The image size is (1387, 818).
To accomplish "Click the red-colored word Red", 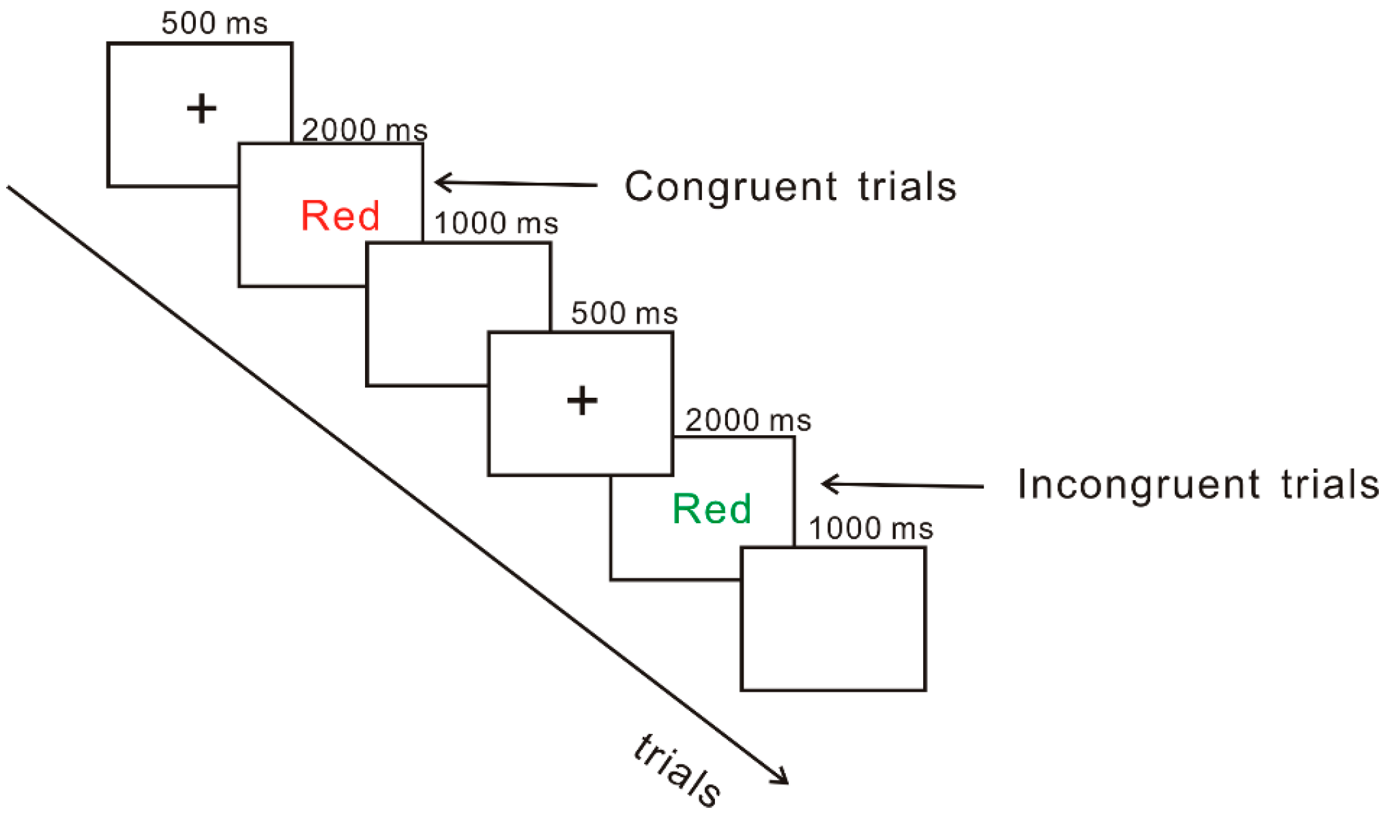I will pos(340,216).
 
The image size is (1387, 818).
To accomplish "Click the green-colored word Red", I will pos(712,509).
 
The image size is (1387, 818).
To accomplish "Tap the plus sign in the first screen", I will pos(201,109).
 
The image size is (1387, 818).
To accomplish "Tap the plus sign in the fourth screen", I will pos(582,400).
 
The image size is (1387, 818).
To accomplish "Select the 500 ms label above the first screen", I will pos(214,23).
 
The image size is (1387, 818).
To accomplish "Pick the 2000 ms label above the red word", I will pos(364,130).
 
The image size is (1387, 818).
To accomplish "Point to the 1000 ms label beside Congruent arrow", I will pos(496,223).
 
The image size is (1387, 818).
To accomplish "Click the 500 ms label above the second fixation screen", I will pos(624,313).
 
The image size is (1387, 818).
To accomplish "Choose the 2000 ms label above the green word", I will pos(748,420).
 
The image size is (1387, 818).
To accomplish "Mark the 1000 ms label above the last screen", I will pos(871,529).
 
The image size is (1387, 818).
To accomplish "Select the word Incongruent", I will pos(1138,485).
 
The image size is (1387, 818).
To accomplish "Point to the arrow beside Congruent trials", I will pos(516,184).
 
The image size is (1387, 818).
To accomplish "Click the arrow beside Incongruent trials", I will pos(902,485).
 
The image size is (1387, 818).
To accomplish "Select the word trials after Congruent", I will pos(907,187).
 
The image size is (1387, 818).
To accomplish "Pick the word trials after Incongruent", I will pos(1330,485).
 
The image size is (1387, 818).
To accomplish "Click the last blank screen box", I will pos(833,619).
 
